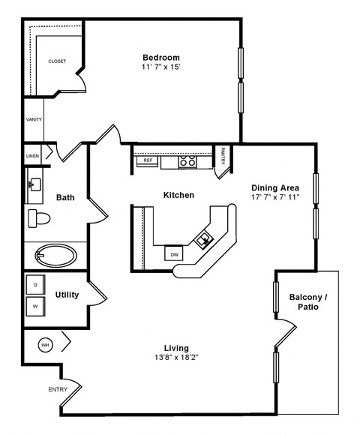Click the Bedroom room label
coord(161,57)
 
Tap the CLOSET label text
coord(57,61)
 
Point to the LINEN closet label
coord(33,156)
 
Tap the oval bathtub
coord(55,255)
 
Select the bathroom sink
coord(34,183)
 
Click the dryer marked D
coord(35,284)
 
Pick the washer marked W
coord(35,306)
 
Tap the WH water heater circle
coord(45,345)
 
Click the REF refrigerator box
coord(148,160)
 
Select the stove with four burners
coord(187,160)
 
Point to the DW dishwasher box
coord(174,254)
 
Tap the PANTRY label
coord(223,156)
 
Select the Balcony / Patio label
coord(309,301)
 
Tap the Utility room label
coord(67,295)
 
